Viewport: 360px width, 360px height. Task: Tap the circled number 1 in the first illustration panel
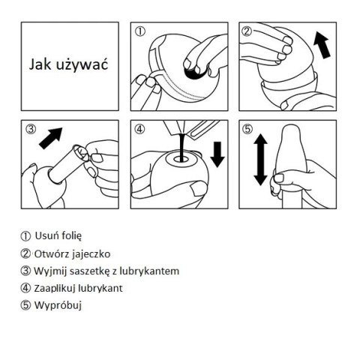pyautogui.click(x=139, y=32)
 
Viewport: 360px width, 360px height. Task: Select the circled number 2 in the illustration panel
pyautogui.click(x=246, y=31)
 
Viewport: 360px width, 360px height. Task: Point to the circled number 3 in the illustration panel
pyautogui.click(x=31, y=128)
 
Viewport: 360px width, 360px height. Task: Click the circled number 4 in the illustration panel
pyautogui.click(x=139, y=128)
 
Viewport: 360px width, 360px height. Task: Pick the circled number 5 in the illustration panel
pyautogui.click(x=246, y=128)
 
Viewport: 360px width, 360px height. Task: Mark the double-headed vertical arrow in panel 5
pyautogui.click(x=259, y=159)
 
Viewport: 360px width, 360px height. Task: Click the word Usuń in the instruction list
pyautogui.click(x=47, y=235)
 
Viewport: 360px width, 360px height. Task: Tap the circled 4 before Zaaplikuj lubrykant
pyautogui.click(x=26, y=287)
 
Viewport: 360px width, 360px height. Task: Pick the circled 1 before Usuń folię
pyautogui.click(x=26, y=235)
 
